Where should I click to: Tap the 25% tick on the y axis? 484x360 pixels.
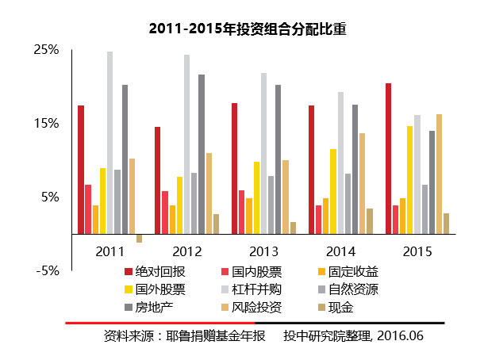[x=46, y=50]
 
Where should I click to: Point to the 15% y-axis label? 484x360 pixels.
[x=46, y=124]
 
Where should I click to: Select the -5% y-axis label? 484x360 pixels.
[x=48, y=270]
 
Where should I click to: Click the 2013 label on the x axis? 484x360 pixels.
[x=263, y=251]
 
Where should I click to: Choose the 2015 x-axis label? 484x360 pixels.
[x=417, y=251]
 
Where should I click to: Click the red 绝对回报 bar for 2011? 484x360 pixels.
[x=81, y=170]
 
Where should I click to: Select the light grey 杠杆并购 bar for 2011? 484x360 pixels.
[x=110, y=143]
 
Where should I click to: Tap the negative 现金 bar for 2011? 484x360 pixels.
[x=140, y=238]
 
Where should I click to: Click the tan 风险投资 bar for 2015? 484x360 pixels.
[x=439, y=174]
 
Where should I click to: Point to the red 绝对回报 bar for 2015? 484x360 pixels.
[x=388, y=159]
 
